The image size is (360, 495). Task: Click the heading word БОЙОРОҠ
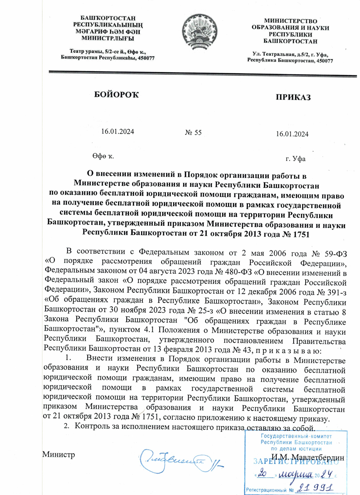tap(117, 95)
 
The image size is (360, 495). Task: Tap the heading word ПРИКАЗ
tap(293, 97)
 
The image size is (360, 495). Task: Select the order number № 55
tap(193, 133)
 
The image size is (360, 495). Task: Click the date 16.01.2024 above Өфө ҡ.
tap(117, 131)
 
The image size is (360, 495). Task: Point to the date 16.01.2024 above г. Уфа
tap(292, 134)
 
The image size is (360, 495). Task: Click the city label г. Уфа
tap(295, 159)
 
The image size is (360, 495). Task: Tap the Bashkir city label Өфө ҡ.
tap(103, 156)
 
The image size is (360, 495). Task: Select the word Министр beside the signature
tap(58, 455)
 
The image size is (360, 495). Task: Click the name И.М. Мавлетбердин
tap(307, 457)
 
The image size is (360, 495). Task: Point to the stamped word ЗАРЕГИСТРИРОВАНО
tap(296, 462)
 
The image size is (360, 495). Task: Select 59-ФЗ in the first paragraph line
tap(335, 254)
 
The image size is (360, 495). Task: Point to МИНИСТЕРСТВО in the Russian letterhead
tap(290, 21)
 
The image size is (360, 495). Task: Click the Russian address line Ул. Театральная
tap(290, 54)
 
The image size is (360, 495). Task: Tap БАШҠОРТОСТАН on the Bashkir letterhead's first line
tap(108, 19)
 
